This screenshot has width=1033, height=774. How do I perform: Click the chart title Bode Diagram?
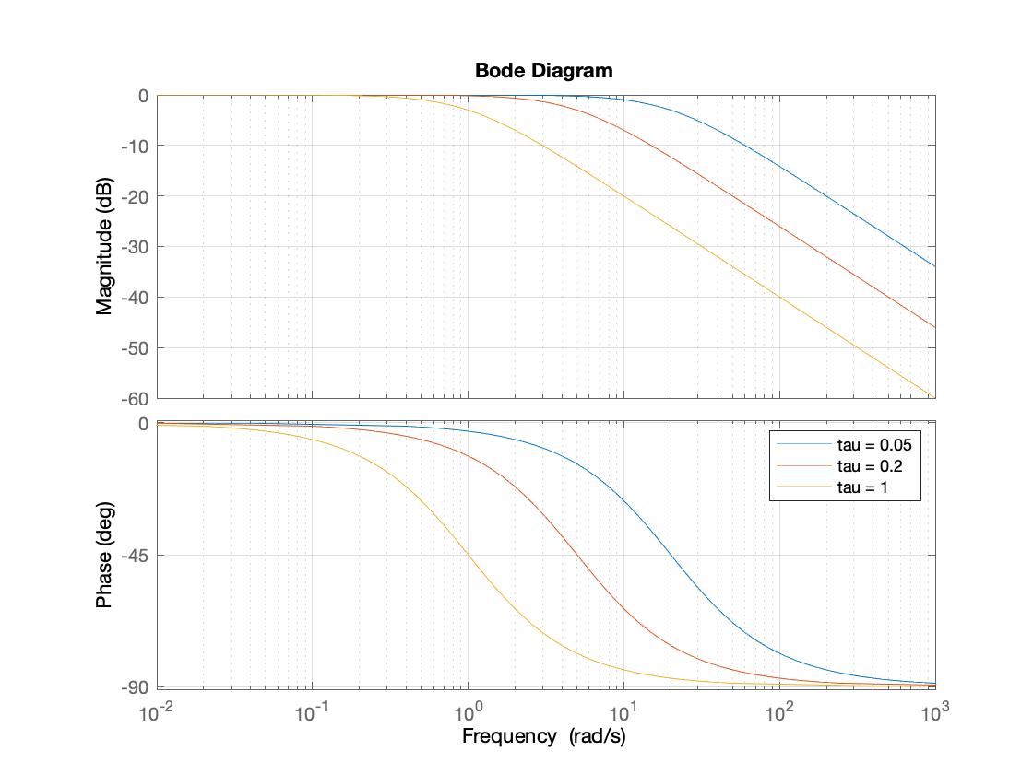(543, 71)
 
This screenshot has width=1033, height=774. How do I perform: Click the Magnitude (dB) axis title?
(104, 246)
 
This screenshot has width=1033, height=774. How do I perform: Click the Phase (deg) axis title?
(104, 555)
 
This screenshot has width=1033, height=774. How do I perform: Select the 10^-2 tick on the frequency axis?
(157, 711)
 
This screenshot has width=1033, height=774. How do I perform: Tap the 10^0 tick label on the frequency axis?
(469, 711)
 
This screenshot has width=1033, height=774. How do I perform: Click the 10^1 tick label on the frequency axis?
(624, 711)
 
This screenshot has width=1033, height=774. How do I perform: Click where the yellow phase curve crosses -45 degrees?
(469, 556)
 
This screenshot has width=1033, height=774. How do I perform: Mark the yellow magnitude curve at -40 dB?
(779, 298)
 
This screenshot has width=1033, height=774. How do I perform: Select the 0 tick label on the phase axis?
(143, 424)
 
